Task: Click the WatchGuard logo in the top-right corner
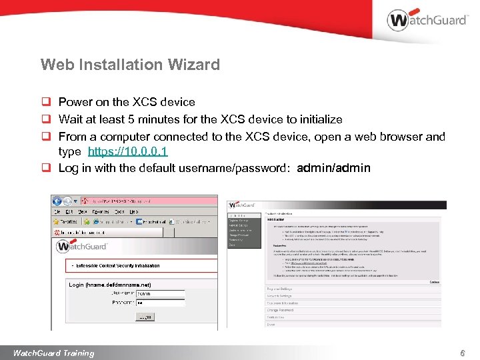tap(426, 19)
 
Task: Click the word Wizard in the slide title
tap(194, 65)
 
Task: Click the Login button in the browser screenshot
tap(144, 318)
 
